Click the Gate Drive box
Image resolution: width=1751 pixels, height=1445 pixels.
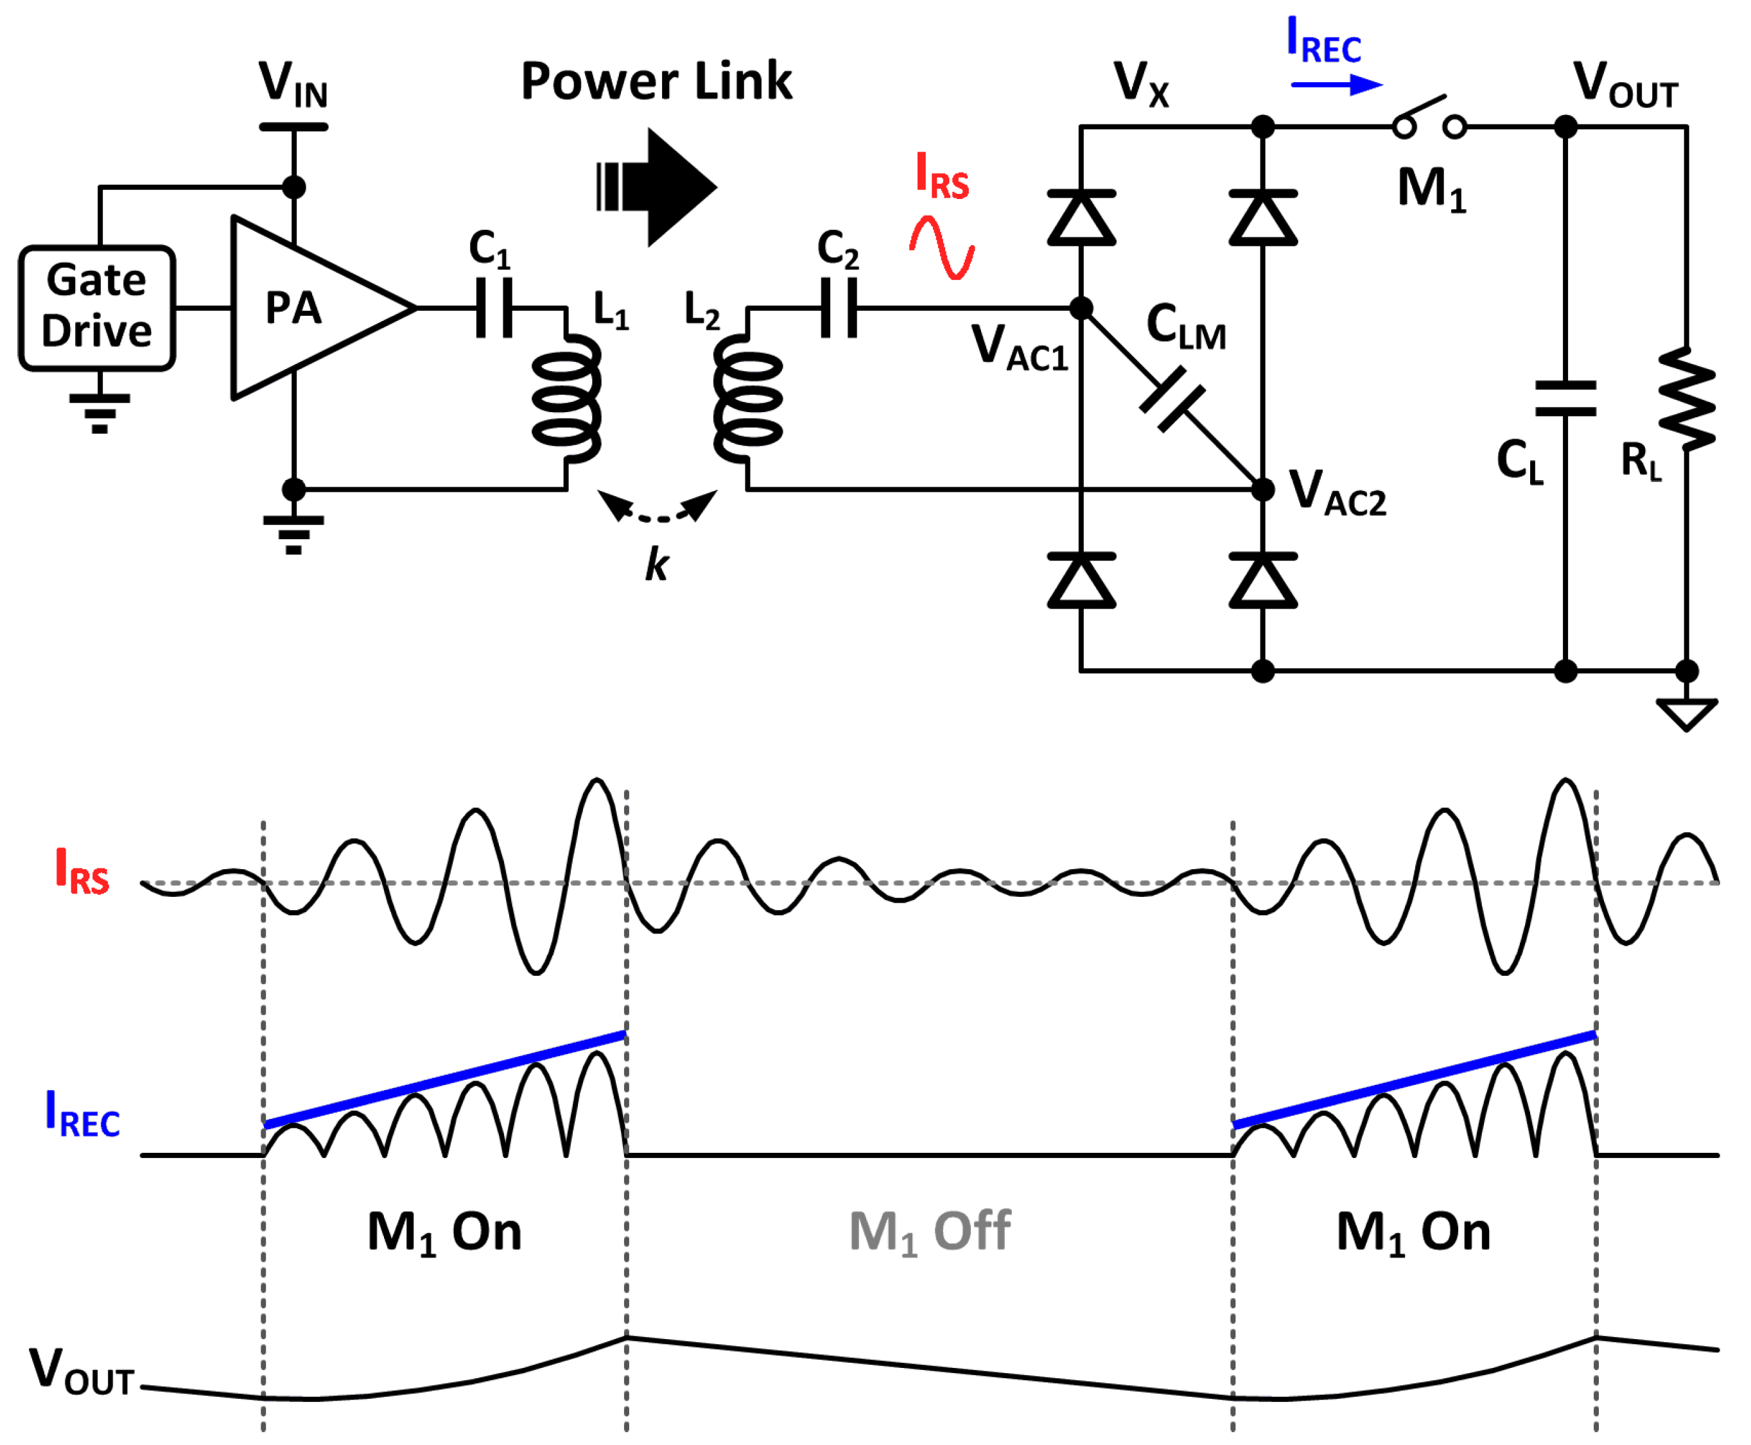96,307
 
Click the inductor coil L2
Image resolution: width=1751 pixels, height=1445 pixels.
747,399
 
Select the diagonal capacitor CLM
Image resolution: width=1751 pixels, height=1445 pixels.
1171,399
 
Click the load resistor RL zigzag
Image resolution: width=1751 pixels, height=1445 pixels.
1686,399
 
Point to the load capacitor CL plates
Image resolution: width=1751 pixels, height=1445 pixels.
1565,398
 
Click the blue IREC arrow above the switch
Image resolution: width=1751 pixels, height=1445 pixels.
1336,84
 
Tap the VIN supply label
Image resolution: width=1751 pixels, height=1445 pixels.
293,84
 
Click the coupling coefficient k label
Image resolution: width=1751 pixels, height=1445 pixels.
656,565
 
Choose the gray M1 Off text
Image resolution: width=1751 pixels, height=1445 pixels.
929,1232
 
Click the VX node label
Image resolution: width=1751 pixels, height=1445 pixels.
1142,84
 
